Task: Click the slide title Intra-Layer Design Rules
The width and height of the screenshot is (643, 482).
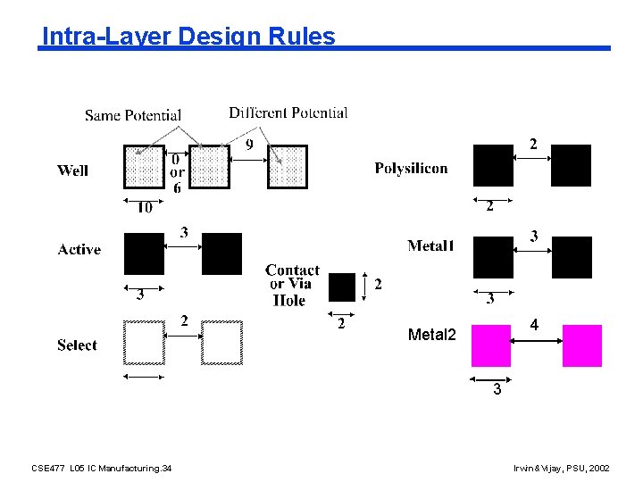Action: (x=188, y=37)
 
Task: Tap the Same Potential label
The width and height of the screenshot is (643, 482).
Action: (x=133, y=115)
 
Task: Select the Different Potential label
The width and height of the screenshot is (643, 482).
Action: (x=288, y=112)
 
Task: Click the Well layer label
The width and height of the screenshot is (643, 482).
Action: (x=73, y=170)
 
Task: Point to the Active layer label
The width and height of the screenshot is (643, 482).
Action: (x=79, y=250)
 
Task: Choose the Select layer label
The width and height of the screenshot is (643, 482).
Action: (x=77, y=345)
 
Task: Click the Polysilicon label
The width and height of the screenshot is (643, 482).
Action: (x=411, y=168)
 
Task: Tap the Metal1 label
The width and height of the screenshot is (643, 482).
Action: (x=430, y=245)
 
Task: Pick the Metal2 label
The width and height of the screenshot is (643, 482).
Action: (x=431, y=335)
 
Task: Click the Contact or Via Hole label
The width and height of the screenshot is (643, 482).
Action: (x=291, y=285)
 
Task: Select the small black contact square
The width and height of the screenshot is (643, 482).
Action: (x=342, y=287)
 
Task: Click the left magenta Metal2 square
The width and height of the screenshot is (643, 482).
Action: (x=491, y=346)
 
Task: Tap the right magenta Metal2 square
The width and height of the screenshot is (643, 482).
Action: (x=582, y=346)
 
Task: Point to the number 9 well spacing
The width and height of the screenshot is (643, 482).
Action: (x=248, y=145)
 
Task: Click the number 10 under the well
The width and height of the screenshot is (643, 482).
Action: (x=144, y=208)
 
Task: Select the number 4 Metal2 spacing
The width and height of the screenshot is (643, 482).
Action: (x=533, y=326)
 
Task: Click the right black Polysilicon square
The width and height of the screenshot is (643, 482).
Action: (x=571, y=165)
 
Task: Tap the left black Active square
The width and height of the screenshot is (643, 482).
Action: (x=145, y=253)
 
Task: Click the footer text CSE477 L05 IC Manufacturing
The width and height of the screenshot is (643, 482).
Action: (x=101, y=468)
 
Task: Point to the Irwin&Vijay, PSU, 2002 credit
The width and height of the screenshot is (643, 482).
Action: (x=562, y=468)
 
